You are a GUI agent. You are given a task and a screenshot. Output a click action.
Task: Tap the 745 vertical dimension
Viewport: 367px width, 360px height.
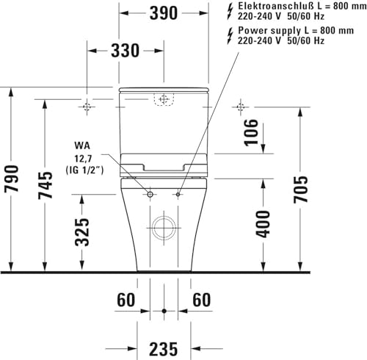(x=46, y=187)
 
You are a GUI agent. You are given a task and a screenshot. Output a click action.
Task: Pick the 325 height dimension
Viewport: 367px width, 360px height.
(x=83, y=231)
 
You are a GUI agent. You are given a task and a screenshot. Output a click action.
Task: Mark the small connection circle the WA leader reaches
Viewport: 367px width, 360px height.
(x=151, y=195)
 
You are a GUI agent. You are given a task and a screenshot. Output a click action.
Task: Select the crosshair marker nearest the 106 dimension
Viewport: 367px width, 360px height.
(x=240, y=107)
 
